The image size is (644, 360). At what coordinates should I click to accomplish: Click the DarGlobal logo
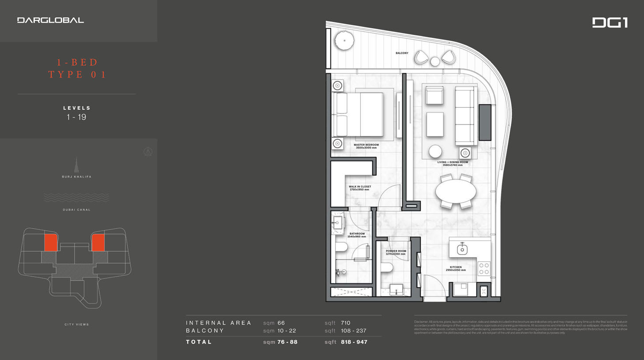[x=50, y=20]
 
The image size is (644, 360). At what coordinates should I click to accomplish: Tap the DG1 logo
[x=610, y=22]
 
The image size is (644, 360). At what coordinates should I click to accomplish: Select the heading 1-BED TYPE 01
[x=77, y=68]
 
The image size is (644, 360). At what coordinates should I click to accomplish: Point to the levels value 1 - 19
[x=76, y=117]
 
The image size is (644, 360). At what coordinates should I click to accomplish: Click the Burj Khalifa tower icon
[x=76, y=165]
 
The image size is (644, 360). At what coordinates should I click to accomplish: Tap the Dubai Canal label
[x=77, y=210]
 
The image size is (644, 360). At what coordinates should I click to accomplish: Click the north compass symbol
[x=148, y=152]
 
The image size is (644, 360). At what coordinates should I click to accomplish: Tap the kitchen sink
[x=462, y=249]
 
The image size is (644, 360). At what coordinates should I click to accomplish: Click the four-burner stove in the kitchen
[x=484, y=269]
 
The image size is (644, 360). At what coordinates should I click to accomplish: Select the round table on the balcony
[x=435, y=61]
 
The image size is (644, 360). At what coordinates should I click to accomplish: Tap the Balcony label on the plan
[x=402, y=53]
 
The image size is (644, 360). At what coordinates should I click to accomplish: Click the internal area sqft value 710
[x=345, y=323]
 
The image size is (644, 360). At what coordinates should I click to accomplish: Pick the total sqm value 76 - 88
[x=287, y=342]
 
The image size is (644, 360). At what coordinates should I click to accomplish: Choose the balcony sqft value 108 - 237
[x=353, y=330]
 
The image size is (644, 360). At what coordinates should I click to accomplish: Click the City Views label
[x=77, y=324]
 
